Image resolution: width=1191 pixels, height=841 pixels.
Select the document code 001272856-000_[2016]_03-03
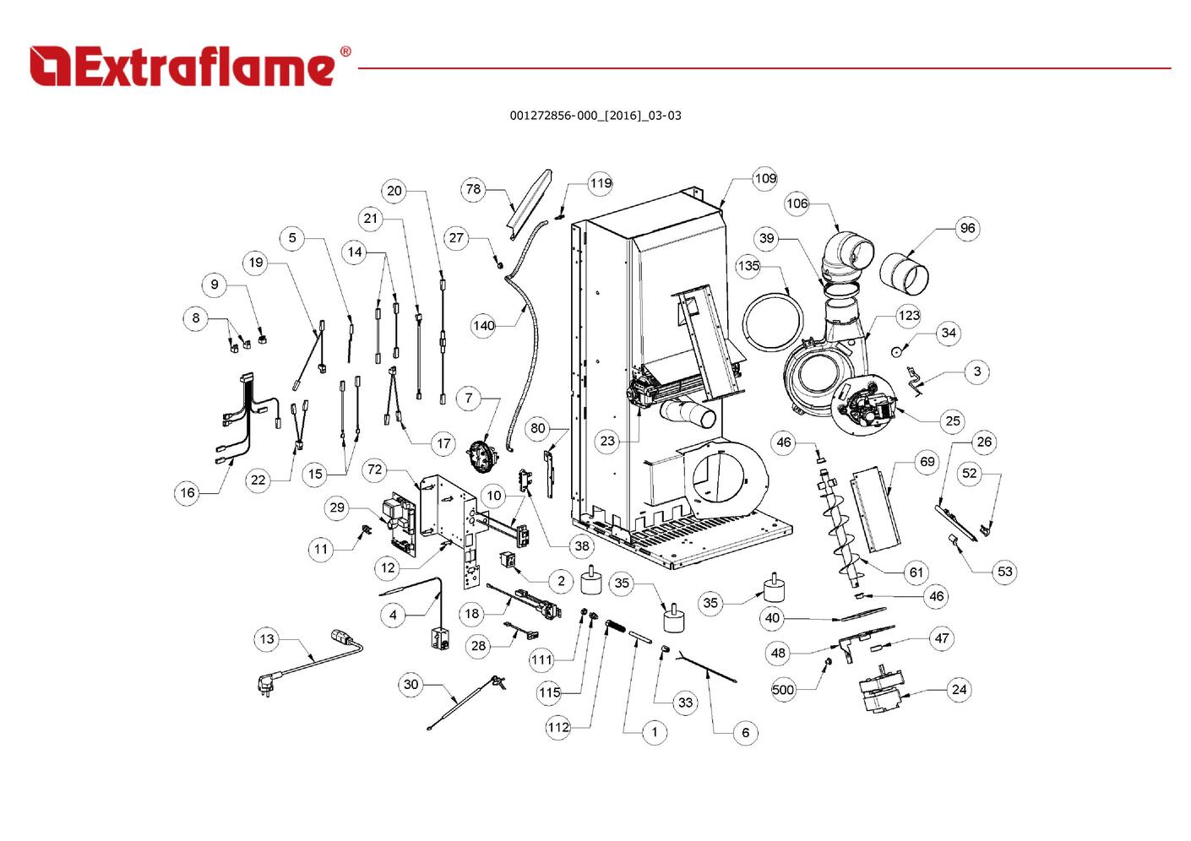tap(595, 116)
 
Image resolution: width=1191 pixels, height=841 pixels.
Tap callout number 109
tap(765, 178)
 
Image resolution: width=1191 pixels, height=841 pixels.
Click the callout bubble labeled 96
tap(967, 228)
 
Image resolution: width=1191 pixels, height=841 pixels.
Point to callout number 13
tap(267, 639)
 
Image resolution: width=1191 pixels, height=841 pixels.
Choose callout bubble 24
tap(959, 689)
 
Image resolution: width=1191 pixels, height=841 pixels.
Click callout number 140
tap(483, 325)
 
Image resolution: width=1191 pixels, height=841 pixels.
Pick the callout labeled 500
tap(783, 690)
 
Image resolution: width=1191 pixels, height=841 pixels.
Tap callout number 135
tap(748, 266)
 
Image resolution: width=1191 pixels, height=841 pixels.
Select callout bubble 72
tap(375, 470)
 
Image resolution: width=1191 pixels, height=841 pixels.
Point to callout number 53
tap(1004, 572)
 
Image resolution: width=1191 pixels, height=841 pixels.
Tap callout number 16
tap(188, 492)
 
